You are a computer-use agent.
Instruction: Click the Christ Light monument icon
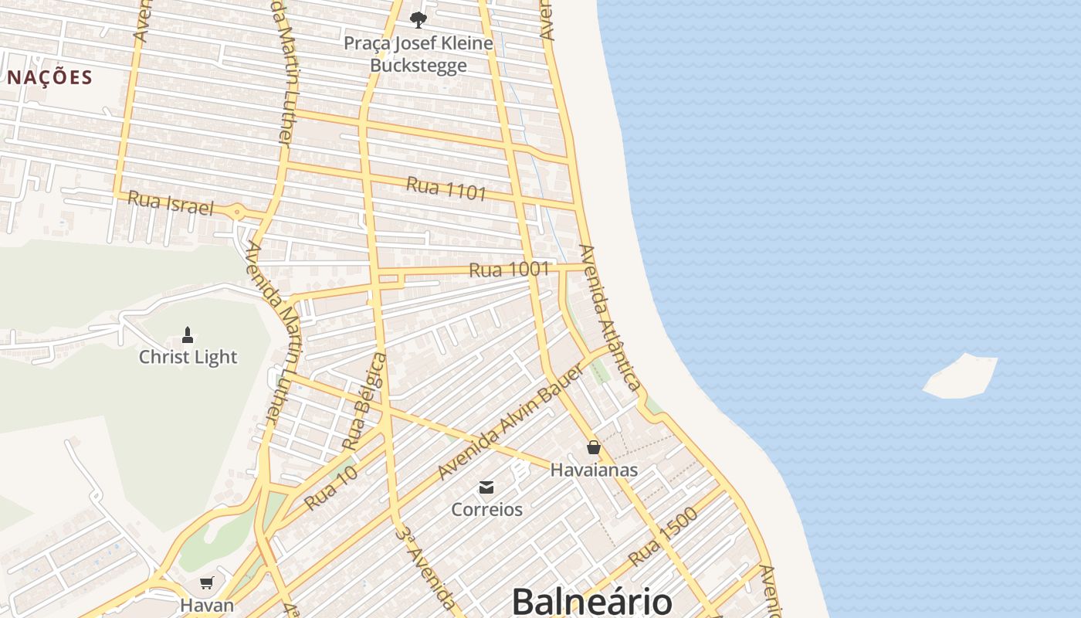pyautogui.click(x=187, y=335)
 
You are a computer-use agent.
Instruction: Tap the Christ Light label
pyautogui.click(x=188, y=357)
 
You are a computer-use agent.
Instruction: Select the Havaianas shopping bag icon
pyautogui.click(x=593, y=447)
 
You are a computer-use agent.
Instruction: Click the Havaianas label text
pyautogui.click(x=594, y=470)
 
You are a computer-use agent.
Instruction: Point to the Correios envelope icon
pyautogui.click(x=486, y=487)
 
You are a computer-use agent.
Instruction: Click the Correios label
pyautogui.click(x=486, y=510)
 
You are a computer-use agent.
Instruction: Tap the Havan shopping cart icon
pyautogui.click(x=206, y=582)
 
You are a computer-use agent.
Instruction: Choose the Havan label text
pyautogui.click(x=206, y=604)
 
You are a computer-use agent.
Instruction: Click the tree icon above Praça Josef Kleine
pyautogui.click(x=419, y=19)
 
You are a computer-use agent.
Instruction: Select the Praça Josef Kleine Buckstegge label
pyautogui.click(x=418, y=54)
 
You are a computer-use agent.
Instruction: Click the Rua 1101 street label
pyautogui.click(x=446, y=188)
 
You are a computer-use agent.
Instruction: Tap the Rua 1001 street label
pyautogui.click(x=509, y=270)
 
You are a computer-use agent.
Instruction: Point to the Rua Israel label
pyautogui.click(x=170, y=203)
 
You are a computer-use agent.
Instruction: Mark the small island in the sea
pyautogui.click(x=961, y=378)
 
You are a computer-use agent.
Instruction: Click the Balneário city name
pyautogui.click(x=591, y=601)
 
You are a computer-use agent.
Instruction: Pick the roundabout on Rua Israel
pyautogui.click(x=238, y=211)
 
